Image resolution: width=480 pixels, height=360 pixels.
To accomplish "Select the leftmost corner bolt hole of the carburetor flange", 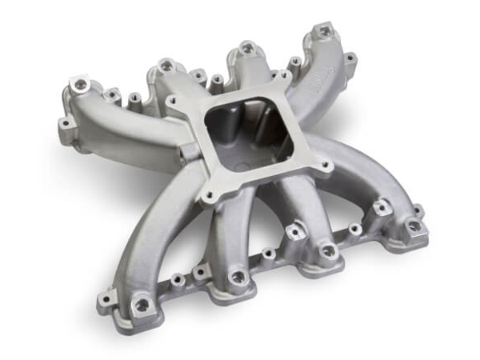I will (171, 102).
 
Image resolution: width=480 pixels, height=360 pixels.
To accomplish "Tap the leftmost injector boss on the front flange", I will (143, 304).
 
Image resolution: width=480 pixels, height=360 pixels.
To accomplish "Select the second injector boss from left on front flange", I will (238, 278).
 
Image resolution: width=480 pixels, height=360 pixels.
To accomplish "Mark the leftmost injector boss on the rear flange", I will (78, 84).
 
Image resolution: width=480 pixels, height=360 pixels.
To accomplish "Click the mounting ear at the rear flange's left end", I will (64, 124).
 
